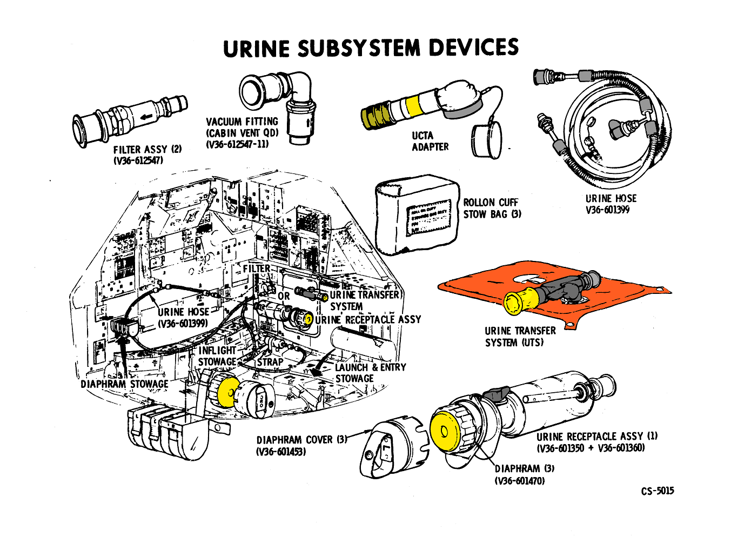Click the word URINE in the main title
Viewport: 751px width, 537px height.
pos(256,48)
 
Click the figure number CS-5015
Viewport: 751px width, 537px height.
pos(658,491)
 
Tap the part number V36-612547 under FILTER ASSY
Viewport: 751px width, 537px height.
pos(138,161)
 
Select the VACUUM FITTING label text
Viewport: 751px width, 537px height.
pos(242,122)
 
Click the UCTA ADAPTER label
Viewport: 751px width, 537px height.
pos(430,141)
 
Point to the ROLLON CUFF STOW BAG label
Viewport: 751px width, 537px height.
pos(492,208)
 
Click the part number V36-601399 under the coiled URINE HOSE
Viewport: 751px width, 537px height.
pos(607,210)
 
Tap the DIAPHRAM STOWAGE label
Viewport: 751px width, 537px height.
pos(124,384)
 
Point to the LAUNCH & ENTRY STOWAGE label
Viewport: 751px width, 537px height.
pos(370,373)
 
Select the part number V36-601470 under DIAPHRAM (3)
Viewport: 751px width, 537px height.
pos(520,481)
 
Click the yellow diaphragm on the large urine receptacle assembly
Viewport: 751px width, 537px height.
pos(444,432)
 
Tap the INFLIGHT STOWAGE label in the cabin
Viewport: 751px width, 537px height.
pos(217,356)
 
